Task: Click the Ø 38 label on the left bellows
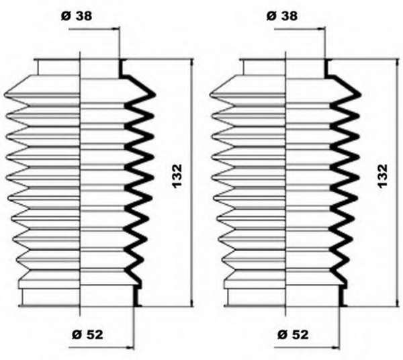(x=77, y=16)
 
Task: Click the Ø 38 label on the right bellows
(x=282, y=16)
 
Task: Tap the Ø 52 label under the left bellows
(x=87, y=334)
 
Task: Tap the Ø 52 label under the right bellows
(x=293, y=334)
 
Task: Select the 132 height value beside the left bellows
(x=177, y=176)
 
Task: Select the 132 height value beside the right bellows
(x=382, y=176)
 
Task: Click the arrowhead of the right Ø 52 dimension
(x=337, y=348)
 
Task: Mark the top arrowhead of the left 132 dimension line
(x=191, y=62)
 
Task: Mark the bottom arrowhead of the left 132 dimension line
(x=191, y=303)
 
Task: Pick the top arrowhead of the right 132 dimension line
(x=397, y=62)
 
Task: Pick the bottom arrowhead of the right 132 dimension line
(x=397, y=303)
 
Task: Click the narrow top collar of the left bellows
(x=80, y=67)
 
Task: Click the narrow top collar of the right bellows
(x=285, y=67)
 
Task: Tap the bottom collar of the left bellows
(x=80, y=297)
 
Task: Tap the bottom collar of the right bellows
(x=285, y=297)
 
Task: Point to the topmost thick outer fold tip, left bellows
(x=154, y=95)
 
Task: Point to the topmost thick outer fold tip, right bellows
(x=360, y=95)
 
